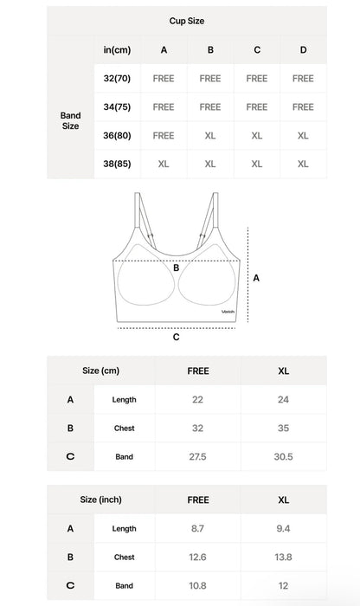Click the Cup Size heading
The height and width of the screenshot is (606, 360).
click(x=187, y=21)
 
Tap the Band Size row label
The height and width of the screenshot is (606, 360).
click(x=71, y=120)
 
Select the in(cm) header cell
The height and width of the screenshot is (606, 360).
click(x=117, y=50)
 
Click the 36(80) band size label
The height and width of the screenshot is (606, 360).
click(x=116, y=135)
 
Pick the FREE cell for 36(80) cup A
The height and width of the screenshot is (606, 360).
click(x=164, y=135)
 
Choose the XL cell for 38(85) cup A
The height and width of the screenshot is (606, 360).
click(x=164, y=164)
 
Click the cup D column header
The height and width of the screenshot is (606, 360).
click(x=303, y=50)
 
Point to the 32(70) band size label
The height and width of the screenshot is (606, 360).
click(x=116, y=79)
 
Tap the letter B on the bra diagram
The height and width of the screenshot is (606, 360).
click(x=176, y=268)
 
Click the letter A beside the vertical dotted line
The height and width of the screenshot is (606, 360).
click(x=256, y=278)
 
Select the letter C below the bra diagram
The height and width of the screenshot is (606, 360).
click(x=177, y=338)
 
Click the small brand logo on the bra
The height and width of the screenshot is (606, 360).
click(x=228, y=313)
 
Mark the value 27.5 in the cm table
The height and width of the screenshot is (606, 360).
click(x=198, y=456)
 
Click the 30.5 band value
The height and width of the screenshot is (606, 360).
click(x=284, y=456)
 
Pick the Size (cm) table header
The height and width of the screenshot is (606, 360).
click(x=100, y=371)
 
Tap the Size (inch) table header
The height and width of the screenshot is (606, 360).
click(x=100, y=500)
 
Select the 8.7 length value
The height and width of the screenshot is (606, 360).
click(x=198, y=528)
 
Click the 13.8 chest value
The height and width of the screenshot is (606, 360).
click(x=284, y=557)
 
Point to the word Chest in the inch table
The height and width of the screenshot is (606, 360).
click(x=124, y=558)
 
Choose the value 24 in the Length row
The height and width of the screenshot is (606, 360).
click(x=284, y=399)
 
